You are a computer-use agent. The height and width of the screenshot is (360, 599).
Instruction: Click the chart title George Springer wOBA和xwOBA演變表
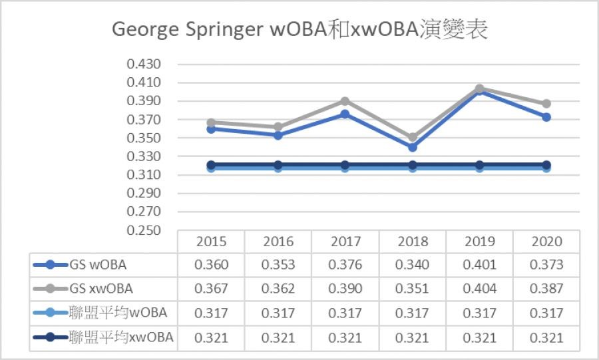tap(299, 30)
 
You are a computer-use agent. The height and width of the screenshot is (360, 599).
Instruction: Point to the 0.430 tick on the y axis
tap(144, 65)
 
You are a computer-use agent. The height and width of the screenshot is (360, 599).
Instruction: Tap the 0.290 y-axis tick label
tap(144, 194)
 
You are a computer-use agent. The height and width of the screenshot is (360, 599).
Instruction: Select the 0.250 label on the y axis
tap(144, 230)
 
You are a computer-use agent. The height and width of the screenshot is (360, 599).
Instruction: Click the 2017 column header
tap(345, 241)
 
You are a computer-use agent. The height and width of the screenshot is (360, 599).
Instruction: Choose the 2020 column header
tap(546, 241)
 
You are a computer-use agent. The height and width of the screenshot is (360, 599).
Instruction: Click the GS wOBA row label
tap(98, 265)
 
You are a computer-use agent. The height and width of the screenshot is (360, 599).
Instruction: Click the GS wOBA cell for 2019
tap(479, 265)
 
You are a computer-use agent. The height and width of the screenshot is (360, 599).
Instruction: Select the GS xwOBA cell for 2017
tap(345, 289)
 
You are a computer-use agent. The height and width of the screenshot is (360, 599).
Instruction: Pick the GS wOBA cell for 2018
tap(412, 265)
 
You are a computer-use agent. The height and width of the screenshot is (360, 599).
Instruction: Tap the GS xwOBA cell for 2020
tap(546, 289)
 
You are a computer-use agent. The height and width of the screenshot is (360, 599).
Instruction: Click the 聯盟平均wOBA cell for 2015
tap(211, 313)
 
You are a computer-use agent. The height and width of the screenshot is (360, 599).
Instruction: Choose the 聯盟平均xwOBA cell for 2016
tap(278, 338)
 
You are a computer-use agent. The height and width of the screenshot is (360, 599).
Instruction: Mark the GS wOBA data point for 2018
tap(413, 147)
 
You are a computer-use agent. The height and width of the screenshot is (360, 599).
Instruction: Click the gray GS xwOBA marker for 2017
tap(345, 101)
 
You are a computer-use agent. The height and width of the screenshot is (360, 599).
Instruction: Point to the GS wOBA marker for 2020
tap(546, 117)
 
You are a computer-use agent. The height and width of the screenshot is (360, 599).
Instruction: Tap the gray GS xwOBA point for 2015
tap(212, 123)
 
